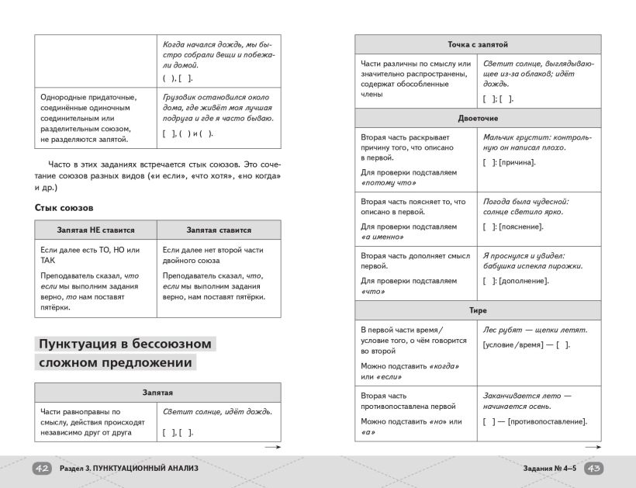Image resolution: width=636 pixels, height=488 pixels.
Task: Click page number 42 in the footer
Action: pyautogui.click(x=42, y=469)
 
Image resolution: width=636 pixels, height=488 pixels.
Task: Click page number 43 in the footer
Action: pyautogui.click(x=593, y=469)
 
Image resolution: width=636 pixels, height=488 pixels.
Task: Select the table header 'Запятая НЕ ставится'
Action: pyautogui.click(x=96, y=230)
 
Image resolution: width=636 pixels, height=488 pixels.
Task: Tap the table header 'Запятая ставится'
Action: pyautogui.click(x=219, y=230)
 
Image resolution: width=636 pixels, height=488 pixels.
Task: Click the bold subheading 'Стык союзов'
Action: pyautogui.click(x=64, y=207)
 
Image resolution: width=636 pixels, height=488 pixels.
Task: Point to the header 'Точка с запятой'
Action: pyautogui.click(x=477, y=44)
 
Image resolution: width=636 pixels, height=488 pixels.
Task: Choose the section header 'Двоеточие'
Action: pyautogui.click(x=477, y=119)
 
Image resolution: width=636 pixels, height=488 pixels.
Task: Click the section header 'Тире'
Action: pyautogui.click(x=477, y=310)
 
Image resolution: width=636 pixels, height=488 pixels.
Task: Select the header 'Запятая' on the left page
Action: pyautogui.click(x=157, y=393)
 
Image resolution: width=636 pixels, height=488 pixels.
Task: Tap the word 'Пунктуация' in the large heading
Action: pyautogui.click(x=92, y=343)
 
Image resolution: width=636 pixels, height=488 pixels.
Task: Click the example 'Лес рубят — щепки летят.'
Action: pyautogui.click(x=534, y=331)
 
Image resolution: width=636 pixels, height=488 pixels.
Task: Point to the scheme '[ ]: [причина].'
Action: pyautogui.click(x=509, y=162)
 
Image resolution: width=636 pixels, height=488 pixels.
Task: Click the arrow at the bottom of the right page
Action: pyautogui.click(x=592, y=448)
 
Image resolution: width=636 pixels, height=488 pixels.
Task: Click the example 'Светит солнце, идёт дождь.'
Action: pyautogui.click(x=217, y=412)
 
